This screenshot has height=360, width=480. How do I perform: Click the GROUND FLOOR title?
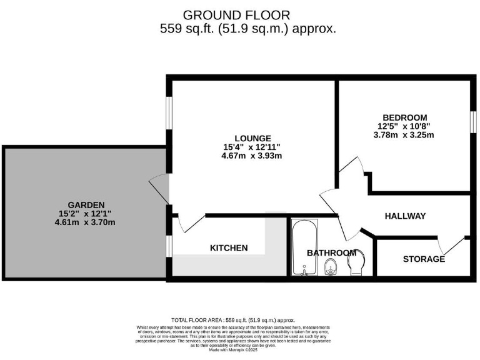[x=236, y=14]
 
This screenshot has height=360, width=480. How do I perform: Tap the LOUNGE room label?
[x=252, y=138]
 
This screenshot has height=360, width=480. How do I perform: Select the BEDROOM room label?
[x=404, y=117]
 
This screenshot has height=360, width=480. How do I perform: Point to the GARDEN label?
[x=86, y=204]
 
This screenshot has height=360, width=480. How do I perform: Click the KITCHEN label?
[x=228, y=248]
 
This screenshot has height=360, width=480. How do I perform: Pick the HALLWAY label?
[x=404, y=216]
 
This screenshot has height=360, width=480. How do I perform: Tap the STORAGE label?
[x=424, y=259]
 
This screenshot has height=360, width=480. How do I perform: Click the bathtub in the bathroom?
[x=304, y=247]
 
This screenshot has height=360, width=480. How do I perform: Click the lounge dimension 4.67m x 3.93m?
[x=252, y=156]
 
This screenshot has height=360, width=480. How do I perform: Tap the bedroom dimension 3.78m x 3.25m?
[x=404, y=134]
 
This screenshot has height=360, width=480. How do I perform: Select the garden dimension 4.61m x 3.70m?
[x=86, y=222]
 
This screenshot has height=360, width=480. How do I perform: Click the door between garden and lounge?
[x=159, y=187]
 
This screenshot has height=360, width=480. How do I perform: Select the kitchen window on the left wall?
[x=168, y=246]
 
